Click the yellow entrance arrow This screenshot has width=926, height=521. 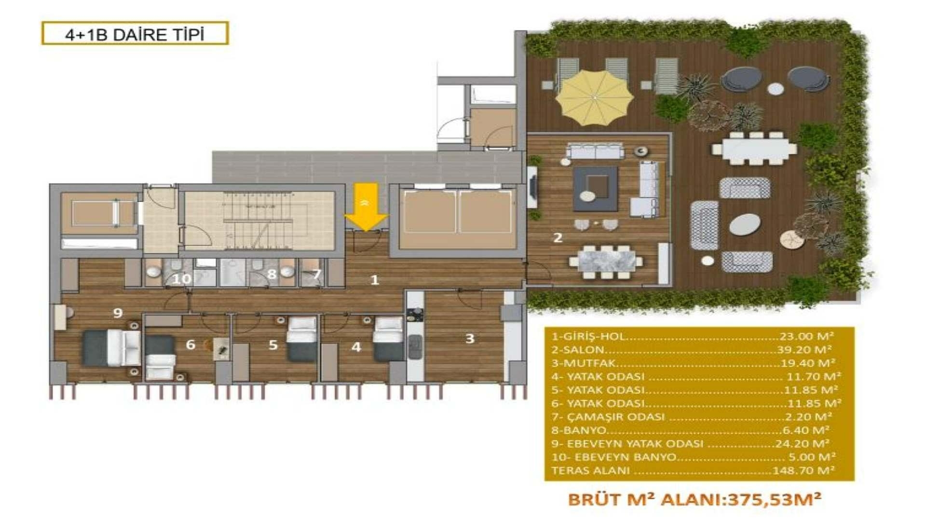tap(366, 207)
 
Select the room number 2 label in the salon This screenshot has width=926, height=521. tap(558, 237)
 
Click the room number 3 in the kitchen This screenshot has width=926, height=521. tap(470, 339)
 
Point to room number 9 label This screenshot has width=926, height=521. tap(118, 313)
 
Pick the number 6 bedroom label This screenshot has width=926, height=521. tap(191, 344)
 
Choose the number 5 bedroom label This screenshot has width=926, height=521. tap(273, 345)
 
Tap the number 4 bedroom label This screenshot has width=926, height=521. tap(356, 347)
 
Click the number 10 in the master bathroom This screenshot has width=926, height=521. tap(182, 278)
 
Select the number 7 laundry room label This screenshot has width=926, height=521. tap(316, 274)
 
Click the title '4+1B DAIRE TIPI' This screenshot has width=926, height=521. tap(135, 34)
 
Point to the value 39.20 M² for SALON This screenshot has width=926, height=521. tap(803, 349)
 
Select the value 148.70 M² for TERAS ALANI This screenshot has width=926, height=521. tap(803, 470)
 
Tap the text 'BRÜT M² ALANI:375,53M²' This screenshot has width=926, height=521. tap(694, 499)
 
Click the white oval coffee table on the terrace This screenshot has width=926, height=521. tap(745, 224)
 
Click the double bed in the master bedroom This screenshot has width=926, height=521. tap(112, 347)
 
